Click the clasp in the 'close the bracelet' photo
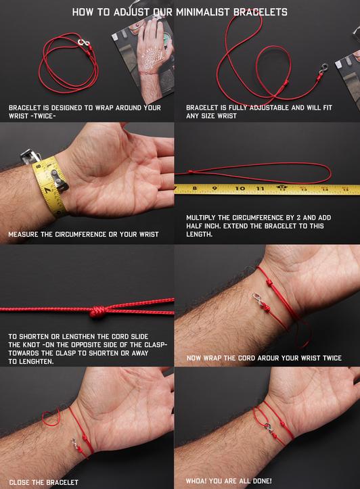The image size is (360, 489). [x=74, y=444]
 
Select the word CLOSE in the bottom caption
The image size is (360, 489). [x=21, y=482]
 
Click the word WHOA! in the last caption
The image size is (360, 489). [x=199, y=481]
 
